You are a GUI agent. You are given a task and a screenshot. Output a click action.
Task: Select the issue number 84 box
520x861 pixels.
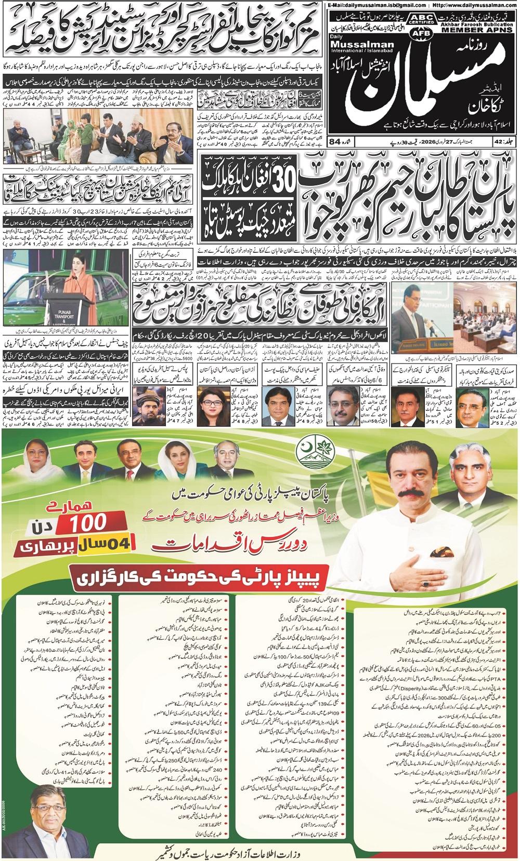pyautogui.click(x=335, y=141)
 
